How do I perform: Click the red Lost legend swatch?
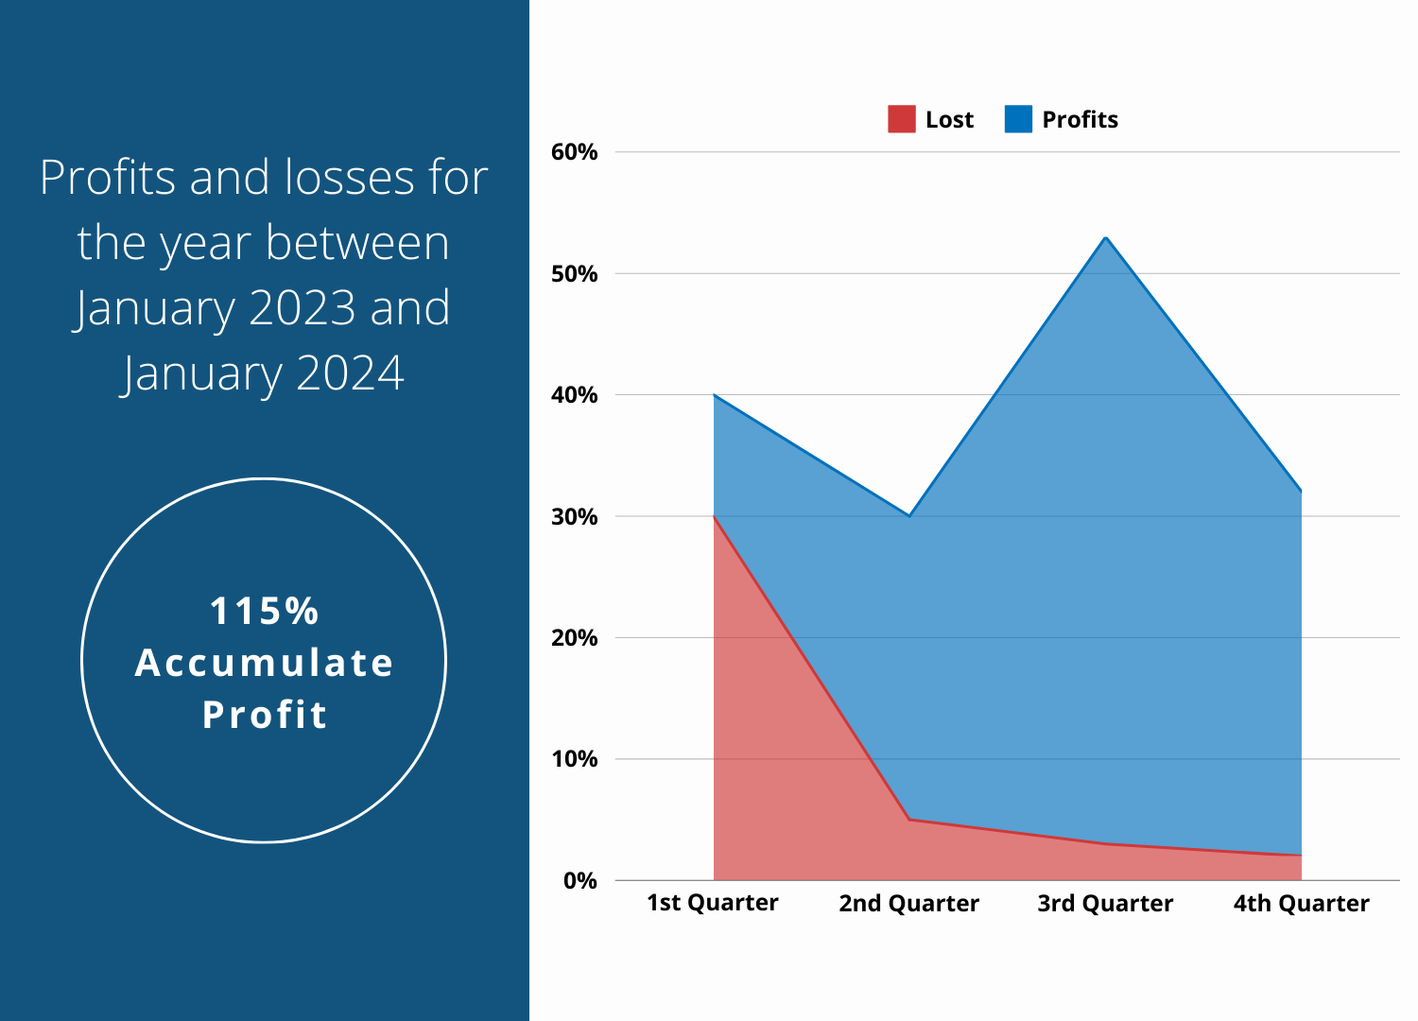click(x=902, y=119)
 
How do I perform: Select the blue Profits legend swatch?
click(x=1018, y=119)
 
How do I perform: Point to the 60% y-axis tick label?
click(x=575, y=152)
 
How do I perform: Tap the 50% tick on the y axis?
click(x=575, y=274)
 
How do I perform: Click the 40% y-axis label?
click(x=575, y=395)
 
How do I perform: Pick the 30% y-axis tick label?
click(x=575, y=517)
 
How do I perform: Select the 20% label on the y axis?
click(x=575, y=638)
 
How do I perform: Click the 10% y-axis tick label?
click(x=575, y=759)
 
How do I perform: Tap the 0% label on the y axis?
click(x=580, y=881)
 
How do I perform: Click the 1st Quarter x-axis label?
click(x=713, y=903)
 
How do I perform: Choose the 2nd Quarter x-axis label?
click(x=909, y=904)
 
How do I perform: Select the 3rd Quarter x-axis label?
click(x=1105, y=904)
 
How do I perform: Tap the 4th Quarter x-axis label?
click(x=1302, y=904)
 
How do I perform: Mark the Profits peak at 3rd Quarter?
click(x=1105, y=237)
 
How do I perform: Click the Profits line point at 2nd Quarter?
click(x=909, y=516)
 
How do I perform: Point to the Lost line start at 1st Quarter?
click(x=714, y=516)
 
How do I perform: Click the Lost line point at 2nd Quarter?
click(x=909, y=820)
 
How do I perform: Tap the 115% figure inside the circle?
click(x=264, y=612)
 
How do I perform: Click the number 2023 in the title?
click(x=303, y=308)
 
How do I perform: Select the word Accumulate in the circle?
click(x=264, y=663)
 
